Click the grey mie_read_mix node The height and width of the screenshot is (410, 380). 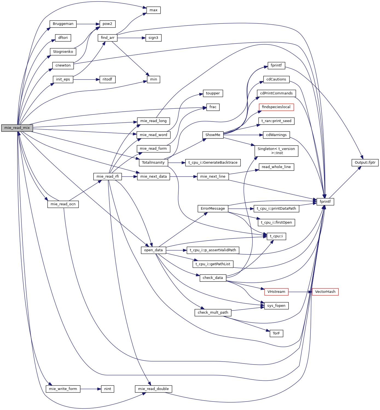(x=17, y=128)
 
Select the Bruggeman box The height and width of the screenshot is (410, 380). (x=63, y=24)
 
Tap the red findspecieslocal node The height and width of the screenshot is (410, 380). (x=276, y=107)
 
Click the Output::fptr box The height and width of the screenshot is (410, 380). (x=365, y=163)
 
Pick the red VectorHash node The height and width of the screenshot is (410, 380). (x=325, y=292)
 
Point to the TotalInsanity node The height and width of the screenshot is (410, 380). (x=153, y=163)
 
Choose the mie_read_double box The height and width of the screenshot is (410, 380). (x=153, y=389)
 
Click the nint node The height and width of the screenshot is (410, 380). (x=108, y=389)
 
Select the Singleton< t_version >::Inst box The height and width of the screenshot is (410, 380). (x=276, y=151)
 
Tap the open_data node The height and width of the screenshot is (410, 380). (x=153, y=250)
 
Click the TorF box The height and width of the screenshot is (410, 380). (x=276, y=333)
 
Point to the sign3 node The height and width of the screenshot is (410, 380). (x=153, y=38)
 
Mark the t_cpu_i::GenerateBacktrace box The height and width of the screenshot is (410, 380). (x=213, y=163)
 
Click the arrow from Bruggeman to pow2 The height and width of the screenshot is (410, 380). (x=88, y=24)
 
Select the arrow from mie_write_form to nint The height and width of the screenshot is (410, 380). (x=91, y=389)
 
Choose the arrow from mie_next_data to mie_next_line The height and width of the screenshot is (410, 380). (x=183, y=177)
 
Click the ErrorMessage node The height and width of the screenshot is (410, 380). (x=213, y=209)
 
